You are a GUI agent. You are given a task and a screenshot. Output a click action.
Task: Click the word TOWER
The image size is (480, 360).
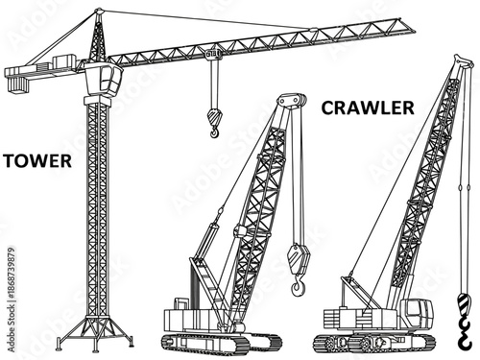coord(36,159)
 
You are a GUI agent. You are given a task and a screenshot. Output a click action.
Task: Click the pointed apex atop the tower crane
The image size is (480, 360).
coord(98,12)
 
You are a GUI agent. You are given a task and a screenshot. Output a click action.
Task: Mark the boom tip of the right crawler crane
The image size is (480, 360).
coord(464,62)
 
